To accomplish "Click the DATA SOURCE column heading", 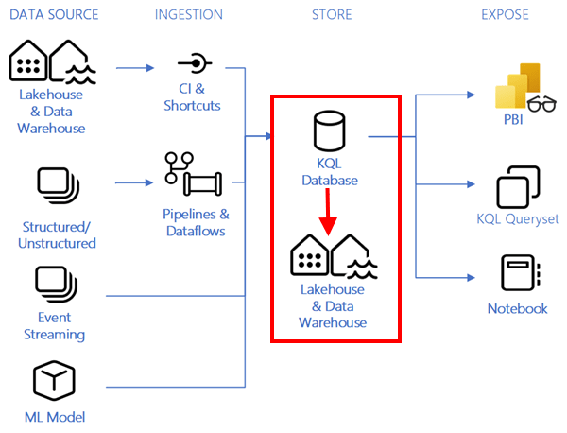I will point(55,15).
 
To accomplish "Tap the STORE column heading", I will point(332,15).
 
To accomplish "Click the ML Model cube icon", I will point(53,382).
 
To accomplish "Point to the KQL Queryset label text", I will point(517,219).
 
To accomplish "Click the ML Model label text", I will point(53,418).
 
